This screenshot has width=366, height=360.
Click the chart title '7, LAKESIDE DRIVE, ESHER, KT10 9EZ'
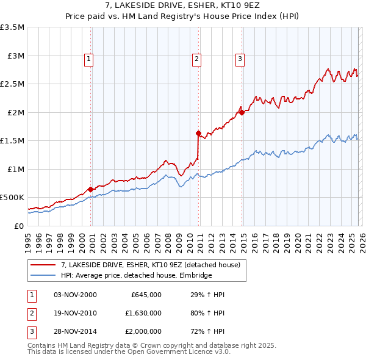(183, 6)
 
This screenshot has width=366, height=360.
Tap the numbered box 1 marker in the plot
(89, 59)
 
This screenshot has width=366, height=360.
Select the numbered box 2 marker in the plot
(197, 59)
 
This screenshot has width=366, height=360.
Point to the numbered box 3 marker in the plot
(240, 59)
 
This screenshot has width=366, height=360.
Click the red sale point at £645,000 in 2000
(90, 189)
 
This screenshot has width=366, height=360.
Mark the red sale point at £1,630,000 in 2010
(198, 133)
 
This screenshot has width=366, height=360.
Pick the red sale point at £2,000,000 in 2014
(242, 112)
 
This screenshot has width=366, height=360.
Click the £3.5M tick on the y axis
(13, 27)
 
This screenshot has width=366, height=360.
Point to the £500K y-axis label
(13, 198)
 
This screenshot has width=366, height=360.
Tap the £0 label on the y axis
(19, 226)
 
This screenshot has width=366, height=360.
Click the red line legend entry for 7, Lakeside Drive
(151, 265)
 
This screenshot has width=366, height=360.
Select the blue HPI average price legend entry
(136, 276)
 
